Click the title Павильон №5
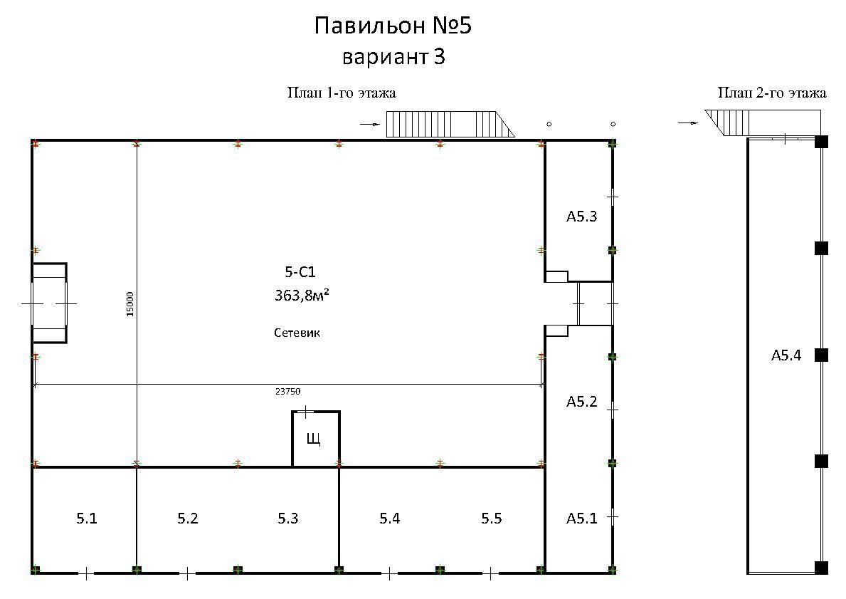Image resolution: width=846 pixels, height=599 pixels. (393, 26)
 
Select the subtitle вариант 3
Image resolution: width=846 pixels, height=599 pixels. (393, 56)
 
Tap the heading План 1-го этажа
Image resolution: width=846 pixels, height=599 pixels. (342, 93)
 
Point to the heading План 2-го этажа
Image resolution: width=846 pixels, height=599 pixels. (771, 93)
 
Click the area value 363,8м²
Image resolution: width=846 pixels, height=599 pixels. (302, 295)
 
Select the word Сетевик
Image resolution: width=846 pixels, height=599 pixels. (297, 333)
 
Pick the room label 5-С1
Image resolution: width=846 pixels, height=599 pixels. (300, 271)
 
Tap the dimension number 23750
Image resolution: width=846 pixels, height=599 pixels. (287, 392)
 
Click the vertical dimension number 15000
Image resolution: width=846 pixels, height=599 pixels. (129, 304)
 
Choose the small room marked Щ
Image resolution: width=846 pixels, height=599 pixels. (316, 439)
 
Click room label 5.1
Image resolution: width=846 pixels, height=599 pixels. (86, 519)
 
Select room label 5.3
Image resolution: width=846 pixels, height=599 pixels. (288, 519)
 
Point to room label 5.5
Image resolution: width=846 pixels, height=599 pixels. (492, 519)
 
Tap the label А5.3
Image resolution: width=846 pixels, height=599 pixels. (581, 217)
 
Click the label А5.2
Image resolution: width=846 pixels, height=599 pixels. (581, 401)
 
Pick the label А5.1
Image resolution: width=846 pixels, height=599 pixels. (581, 519)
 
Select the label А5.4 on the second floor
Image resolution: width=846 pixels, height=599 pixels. (786, 355)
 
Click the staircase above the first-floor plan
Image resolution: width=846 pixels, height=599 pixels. (450, 124)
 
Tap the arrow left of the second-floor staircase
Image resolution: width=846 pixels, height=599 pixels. (687, 123)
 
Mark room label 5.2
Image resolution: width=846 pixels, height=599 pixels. (188, 519)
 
